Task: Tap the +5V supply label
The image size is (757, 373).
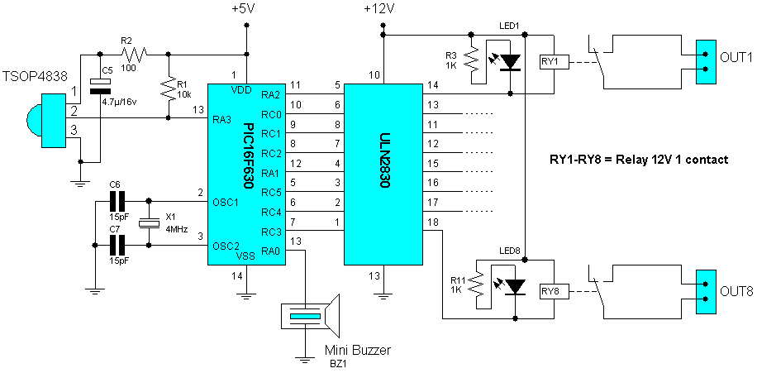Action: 245,10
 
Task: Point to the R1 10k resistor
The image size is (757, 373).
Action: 169,87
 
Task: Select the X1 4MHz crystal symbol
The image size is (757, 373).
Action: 149,222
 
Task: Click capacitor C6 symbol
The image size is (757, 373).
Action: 117,199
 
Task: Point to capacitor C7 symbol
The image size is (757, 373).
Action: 117,245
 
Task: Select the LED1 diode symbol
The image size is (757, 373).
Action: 512,61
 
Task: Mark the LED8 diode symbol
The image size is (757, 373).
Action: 515,287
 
